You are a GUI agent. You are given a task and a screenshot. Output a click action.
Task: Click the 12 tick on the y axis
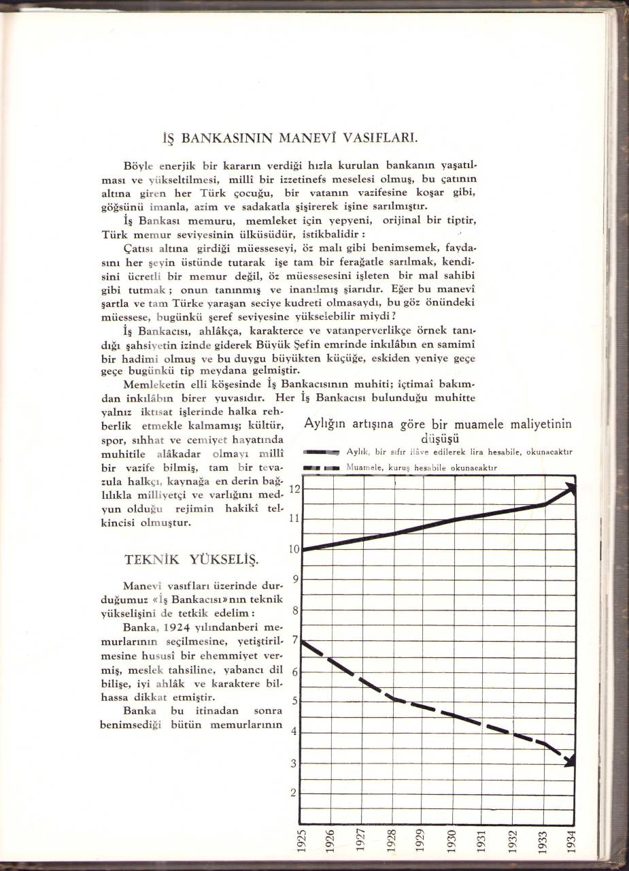pyautogui.click(x=294, y=489)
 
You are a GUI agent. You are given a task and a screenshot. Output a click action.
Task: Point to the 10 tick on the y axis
pyautogui.click(x=294, y=549)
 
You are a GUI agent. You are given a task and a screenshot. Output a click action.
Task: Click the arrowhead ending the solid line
pyautogui.click(x=570, y=489)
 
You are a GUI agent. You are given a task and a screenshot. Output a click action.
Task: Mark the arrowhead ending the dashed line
pyautogui.click(x=569, y=759)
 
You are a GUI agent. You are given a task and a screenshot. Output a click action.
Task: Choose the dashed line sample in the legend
pyautogui.click(x=321, y=468)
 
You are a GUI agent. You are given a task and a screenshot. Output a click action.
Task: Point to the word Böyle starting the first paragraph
pyautogui.click(x=139, y=166)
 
